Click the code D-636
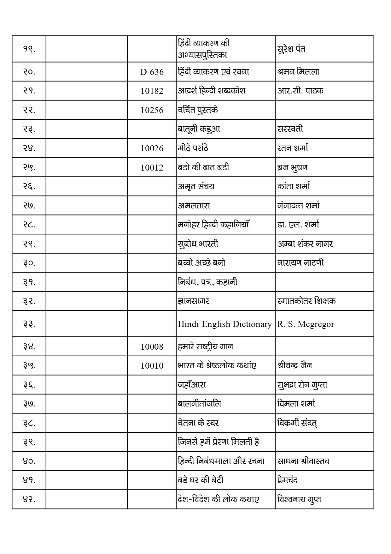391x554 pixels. [152, 72]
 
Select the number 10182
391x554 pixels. [152, 91]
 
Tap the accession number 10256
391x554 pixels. [152, 110]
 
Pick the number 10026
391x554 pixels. [152, 148]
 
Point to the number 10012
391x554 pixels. [152, 168]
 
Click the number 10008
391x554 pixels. [152, 347]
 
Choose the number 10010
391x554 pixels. [152, 366]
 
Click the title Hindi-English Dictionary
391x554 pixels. [225, 324]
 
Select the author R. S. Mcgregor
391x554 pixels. [306, 324]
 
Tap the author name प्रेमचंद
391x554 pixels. [288, 480]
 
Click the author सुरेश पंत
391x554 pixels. [291, 49]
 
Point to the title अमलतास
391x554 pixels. [194, 206]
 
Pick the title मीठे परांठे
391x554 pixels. [193, 148]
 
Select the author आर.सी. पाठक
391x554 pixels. [301, 91]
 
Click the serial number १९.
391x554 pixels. [29, 49]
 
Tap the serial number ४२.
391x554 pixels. [29, 499]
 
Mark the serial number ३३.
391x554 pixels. [29, 324]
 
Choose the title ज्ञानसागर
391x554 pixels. [194, 301]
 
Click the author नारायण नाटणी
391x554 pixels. [301, 263]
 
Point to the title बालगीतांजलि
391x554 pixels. [199, 404]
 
